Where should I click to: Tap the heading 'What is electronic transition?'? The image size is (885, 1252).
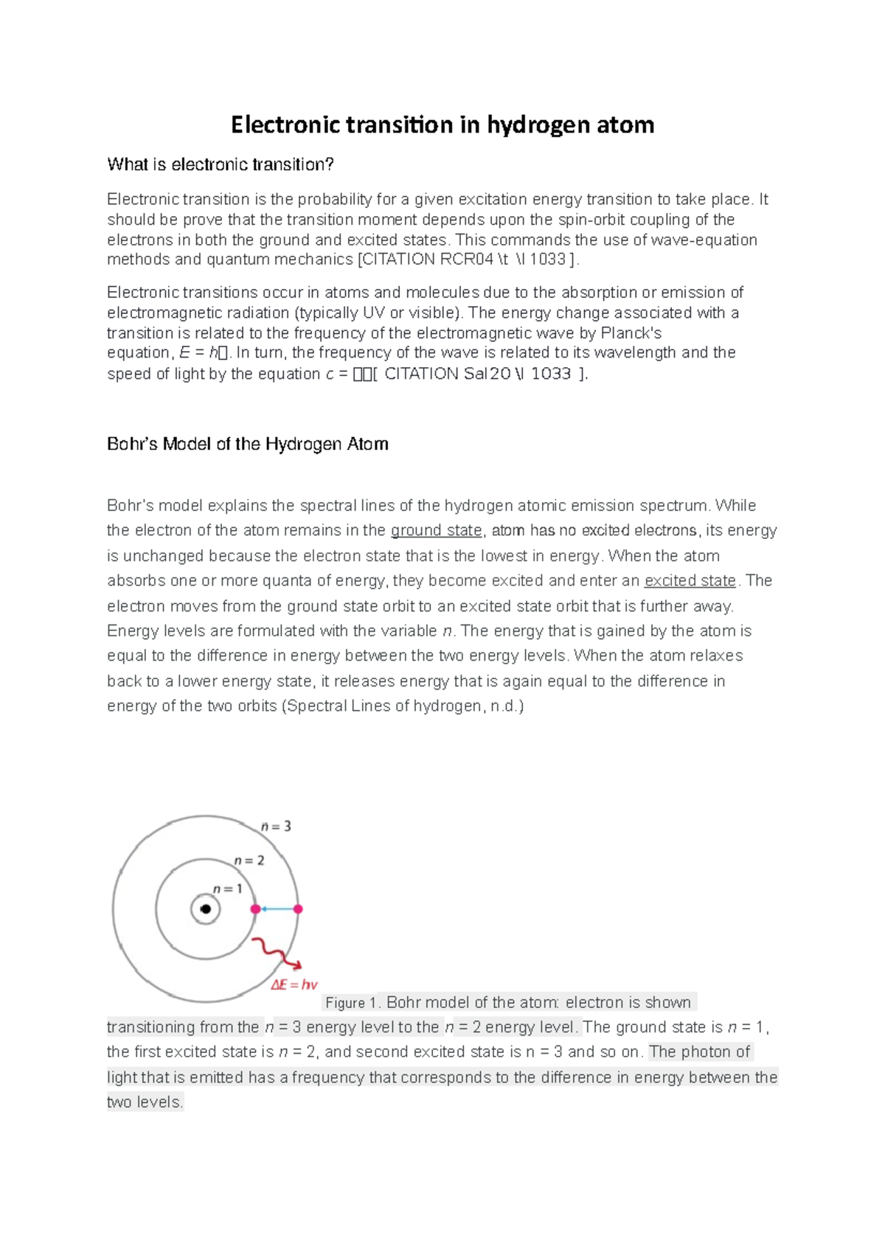(221, 164)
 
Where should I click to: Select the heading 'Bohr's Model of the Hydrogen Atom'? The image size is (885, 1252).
(248, 444)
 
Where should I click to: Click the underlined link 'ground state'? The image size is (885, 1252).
(436, 530)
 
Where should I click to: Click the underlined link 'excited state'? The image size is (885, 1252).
(690, 580)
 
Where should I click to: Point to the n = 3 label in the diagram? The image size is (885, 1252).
(276, 827)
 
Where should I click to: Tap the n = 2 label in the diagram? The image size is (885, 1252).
(249, 860)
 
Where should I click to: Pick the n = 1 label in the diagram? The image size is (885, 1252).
(227, 889)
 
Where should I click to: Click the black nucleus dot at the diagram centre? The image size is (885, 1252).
(206, 909)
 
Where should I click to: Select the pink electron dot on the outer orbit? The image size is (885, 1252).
(298, 909)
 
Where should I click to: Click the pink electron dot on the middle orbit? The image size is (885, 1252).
(255, 909)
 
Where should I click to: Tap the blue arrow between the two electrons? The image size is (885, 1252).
(277, 909)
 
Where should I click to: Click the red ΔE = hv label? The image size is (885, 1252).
(294, 984)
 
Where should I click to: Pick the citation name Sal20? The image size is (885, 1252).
(487, 374)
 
